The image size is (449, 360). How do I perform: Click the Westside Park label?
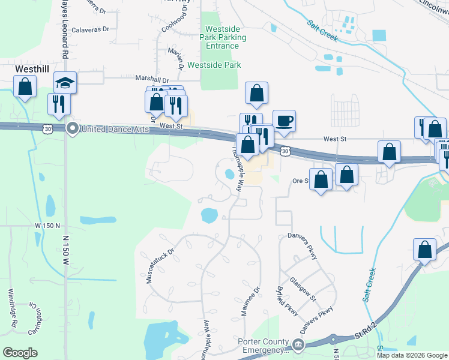pyautogui.click(x=214, y=65)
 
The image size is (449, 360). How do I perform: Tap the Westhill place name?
pyautogui.click(x=31, y=70)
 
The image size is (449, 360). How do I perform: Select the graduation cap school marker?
pyautogui.click(x=65, y=83)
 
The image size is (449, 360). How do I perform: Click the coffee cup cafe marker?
pyautogui.click(x=284, y=121)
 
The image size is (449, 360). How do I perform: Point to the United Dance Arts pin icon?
pyautogui.click(x=72, y=128)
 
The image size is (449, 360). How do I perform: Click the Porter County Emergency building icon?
pyautogui.click(x=298, y=344)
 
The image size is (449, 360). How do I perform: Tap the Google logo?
pyautogui.click(x=20, y=353)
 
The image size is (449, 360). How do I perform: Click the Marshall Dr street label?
pyautogui.click(x=152, y=79)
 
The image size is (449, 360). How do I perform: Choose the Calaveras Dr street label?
pyautogui.click(x=90, y=29)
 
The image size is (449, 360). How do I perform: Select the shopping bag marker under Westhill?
pyautogui.click(x=25, y=87)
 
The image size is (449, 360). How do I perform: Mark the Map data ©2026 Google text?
pyautogui.click(x=412, y=355)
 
